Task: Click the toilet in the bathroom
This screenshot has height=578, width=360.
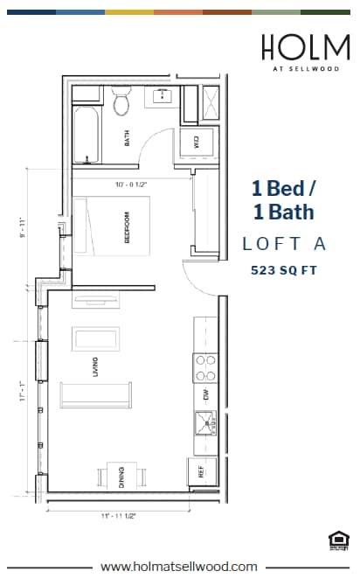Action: click(122, 102)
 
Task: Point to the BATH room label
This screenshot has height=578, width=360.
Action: click(128, 138)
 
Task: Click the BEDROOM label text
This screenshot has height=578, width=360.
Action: click(128, 232)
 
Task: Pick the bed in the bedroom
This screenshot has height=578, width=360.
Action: click(114, 226)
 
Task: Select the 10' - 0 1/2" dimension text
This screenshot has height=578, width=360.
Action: click(130, 185)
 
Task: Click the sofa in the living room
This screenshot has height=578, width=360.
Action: click(96, 395)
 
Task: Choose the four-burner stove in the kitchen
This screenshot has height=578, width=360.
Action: click(205, 366)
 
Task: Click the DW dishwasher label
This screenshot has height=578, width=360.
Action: click(206, 394)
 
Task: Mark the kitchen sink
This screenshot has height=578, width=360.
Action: click(206, 427)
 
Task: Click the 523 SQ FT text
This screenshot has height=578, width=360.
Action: click(282, 270)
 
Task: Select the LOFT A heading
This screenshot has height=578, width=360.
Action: click(282, 244)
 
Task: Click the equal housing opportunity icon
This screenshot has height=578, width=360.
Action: click(336, 541)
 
